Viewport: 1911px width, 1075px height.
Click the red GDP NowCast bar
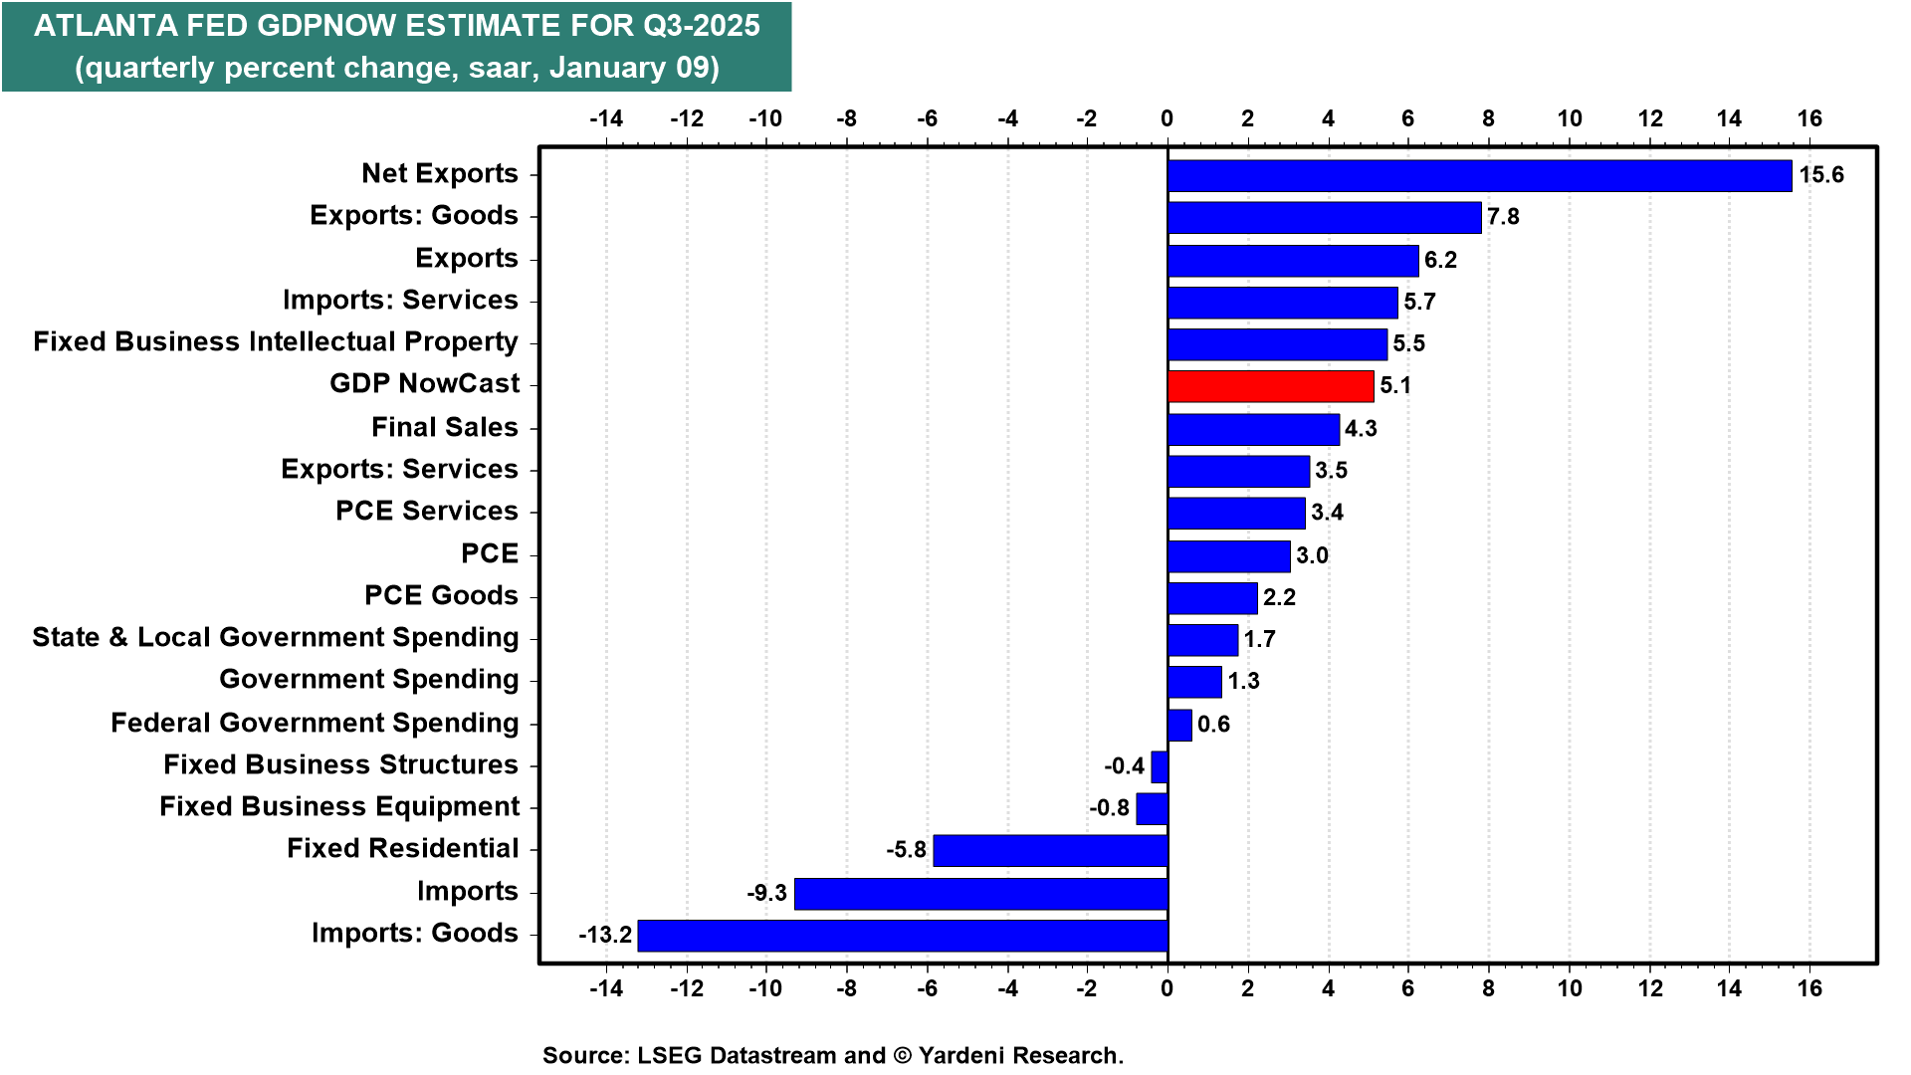coord(1270,386)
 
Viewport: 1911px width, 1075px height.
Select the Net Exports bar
coord(1479,175)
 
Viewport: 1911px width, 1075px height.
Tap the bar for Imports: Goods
coord(903,936)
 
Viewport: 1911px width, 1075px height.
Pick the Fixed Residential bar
coord(1050,851)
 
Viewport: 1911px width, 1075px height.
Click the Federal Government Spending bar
coord(1179,725)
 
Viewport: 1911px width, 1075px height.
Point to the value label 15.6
coord(1821,175)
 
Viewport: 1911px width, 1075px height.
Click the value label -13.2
coord(605,936)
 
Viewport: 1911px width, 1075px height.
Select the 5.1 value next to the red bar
coord(1395,386)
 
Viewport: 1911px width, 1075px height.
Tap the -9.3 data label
coord(767,894)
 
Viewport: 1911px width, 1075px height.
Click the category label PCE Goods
coord(441,595)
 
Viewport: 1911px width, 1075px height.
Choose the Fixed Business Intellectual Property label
coord(276,341)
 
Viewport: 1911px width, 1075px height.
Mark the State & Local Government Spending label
coord(276,637)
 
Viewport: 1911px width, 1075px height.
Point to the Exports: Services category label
coord(399,469)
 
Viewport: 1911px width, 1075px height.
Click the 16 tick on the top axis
coord(1809,119)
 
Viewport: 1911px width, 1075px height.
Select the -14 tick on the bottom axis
coord(606,988)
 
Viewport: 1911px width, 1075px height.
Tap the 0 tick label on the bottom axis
coord(1168,988)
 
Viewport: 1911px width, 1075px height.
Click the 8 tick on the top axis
coord(1488,119)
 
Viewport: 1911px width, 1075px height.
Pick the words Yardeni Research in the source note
coord(1020,1055)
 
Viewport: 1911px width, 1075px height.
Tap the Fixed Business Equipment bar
coord(1153,809)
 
